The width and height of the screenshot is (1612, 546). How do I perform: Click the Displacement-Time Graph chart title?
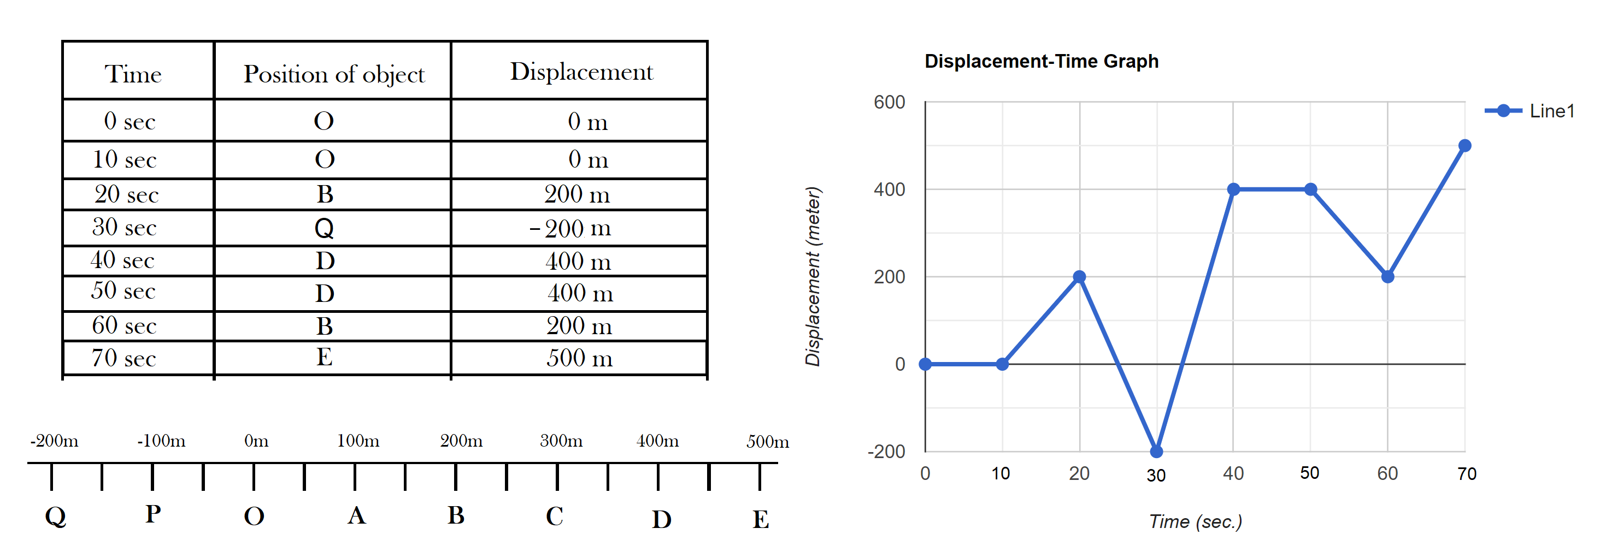click(1042, 61)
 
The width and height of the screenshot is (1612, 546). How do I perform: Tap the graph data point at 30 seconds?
click(1156, 451)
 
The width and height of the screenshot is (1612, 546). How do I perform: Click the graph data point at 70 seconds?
click(1465, 146)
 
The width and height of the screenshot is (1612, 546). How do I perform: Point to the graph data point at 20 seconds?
click(1079, 276)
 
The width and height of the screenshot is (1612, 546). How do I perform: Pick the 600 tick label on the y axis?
click(889, 102)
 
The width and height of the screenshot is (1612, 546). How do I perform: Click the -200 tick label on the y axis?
click(886, 451)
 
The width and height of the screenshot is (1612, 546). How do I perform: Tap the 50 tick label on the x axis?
click(1310, 473)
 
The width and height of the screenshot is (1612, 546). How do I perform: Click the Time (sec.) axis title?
click(1195, 521)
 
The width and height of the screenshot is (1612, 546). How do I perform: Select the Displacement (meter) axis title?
click(813, 276)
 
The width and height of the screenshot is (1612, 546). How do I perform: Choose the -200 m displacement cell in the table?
click(570, 228)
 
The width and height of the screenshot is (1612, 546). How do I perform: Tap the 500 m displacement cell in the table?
click(579, 358)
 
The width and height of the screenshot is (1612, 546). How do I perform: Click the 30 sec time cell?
click(124, 227)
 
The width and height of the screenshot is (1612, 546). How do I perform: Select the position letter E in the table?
click(324, 357)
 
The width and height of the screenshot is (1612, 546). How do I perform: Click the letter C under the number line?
click(555, 516)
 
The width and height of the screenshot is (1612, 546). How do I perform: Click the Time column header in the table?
click(133, 74)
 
